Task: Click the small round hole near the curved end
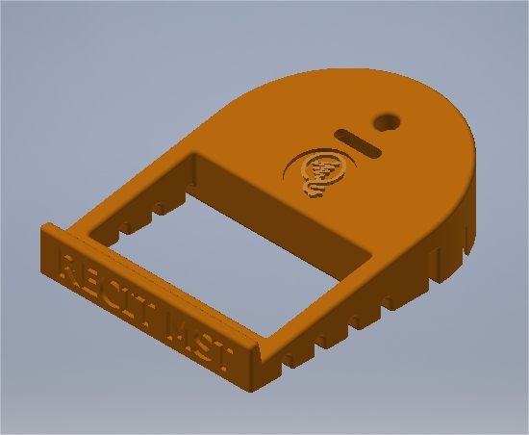(390, 121)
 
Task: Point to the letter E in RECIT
(93, 280)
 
